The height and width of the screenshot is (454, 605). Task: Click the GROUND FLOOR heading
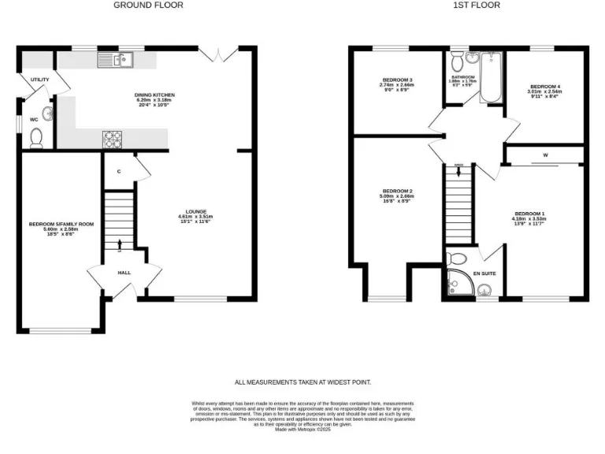(148, 5)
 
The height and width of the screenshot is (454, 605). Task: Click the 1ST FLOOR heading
(466, 5)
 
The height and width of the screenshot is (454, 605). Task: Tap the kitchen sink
(117, 59)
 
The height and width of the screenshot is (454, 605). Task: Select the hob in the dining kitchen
(113, 139)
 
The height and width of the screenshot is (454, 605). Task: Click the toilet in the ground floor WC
(35, 140)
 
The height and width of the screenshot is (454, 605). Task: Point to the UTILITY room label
(39, 80)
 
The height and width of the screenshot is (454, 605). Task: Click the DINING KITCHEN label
(154, 95)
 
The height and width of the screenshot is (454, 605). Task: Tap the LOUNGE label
(195, 210)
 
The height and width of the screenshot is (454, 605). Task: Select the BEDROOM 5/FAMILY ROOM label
(61, 224)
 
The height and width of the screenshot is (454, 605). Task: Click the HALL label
(124, 273)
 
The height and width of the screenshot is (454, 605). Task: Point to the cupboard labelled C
(119, 171)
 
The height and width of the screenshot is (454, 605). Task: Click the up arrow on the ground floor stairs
(120, 244)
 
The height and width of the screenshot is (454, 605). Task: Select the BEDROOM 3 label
(397, 80)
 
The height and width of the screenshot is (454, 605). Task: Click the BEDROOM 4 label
(544, 86)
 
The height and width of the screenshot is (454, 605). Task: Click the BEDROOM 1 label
(529, 214)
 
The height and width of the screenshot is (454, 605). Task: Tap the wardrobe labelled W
(544, 155)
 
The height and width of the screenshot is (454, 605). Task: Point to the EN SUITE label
(484, 274)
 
